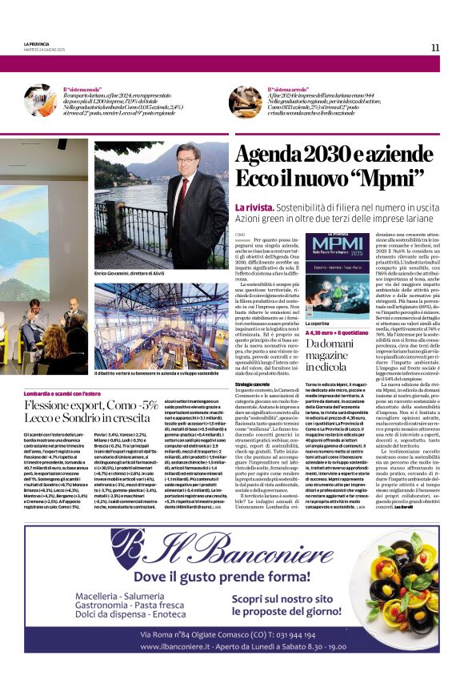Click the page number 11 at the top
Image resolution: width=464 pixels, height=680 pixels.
click(x=435, y=47)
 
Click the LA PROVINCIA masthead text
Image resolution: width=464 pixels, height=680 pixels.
click(x=37, y=44)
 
